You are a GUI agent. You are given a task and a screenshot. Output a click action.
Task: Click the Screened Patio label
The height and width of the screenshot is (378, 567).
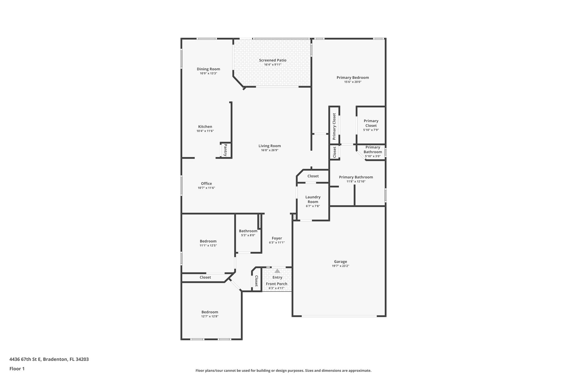click(272, 60)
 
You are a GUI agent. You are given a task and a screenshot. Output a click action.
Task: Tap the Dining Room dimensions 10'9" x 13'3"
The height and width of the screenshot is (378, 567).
click(208, 74)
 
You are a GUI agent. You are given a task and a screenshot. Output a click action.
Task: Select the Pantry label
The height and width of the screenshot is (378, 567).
click(225, 150)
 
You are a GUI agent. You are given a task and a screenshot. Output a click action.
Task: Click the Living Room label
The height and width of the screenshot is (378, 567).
click(269, 146)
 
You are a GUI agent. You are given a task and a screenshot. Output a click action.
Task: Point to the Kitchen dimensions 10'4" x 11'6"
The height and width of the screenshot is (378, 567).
click(205, 131)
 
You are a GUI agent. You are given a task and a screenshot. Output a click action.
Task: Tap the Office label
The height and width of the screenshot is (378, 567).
click(206, 184)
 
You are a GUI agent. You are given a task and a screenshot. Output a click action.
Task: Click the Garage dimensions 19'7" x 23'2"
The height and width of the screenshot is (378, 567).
click(340, 266)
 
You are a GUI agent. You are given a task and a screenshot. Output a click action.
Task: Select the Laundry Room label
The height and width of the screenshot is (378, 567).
click(313, 199)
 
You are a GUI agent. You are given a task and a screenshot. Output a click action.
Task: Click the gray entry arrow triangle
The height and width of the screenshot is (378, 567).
click(277, 271)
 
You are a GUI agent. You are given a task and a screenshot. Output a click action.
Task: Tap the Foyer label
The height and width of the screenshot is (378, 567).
click(277, 238)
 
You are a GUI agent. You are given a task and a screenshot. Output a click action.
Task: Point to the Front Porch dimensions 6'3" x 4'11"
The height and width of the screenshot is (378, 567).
click(276, 288)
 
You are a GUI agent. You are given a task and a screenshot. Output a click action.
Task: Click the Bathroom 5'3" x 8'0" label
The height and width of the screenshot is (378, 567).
click(248, 231)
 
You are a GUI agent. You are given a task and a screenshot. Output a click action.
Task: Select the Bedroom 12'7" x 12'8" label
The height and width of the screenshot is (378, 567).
click(210, 312)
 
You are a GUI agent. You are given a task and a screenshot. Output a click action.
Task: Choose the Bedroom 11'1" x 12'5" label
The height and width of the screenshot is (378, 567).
click(208, 241)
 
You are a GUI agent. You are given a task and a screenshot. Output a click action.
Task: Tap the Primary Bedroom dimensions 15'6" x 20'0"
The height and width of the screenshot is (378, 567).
click(353, 82)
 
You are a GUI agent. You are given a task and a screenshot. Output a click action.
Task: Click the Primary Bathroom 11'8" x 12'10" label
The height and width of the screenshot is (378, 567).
click(356, 177)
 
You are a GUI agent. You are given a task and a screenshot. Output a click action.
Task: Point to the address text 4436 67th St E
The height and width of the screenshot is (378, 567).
click(25, 359)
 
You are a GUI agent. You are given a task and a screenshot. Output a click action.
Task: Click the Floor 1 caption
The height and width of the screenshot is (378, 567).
click(17, 369)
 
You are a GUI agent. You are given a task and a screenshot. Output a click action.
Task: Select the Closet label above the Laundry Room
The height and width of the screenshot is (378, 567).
click(313, 176)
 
